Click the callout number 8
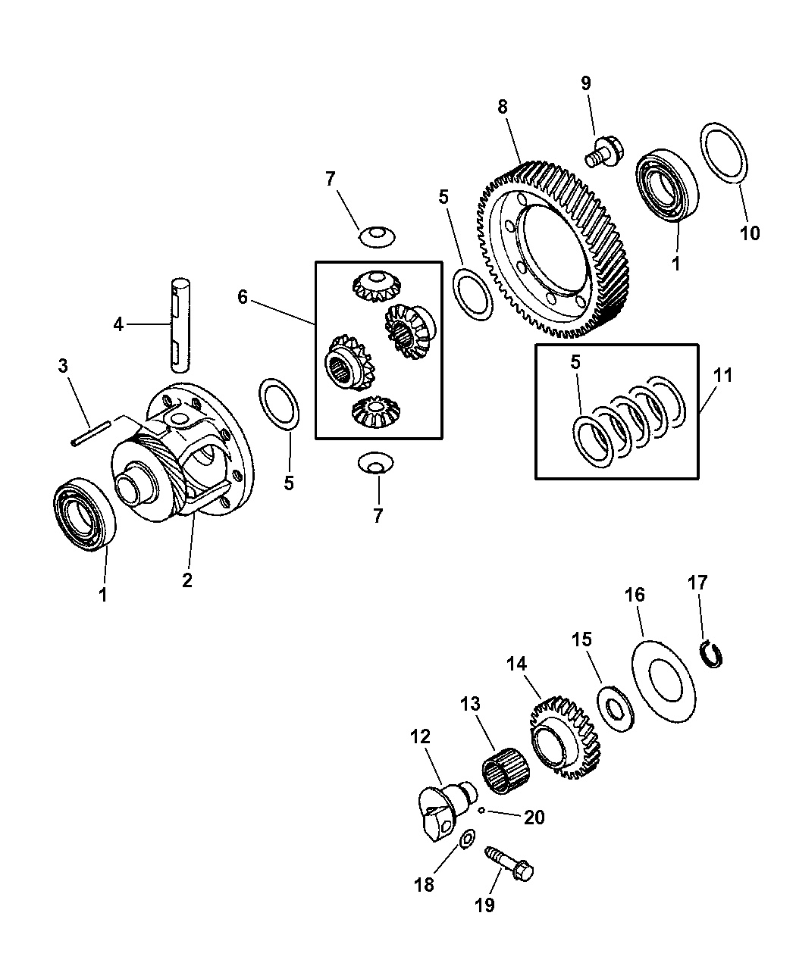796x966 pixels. (x=503, y=107)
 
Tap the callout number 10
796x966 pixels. (x=750, y=233)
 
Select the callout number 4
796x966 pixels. (x=118, y=325)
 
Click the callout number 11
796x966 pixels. (x=722, y=375)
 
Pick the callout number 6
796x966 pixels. (x=243, y=296)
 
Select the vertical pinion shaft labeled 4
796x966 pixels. (x=181, y=325)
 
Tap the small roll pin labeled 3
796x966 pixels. (x=90, y=433)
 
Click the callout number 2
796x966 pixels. (x=187, y=580)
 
